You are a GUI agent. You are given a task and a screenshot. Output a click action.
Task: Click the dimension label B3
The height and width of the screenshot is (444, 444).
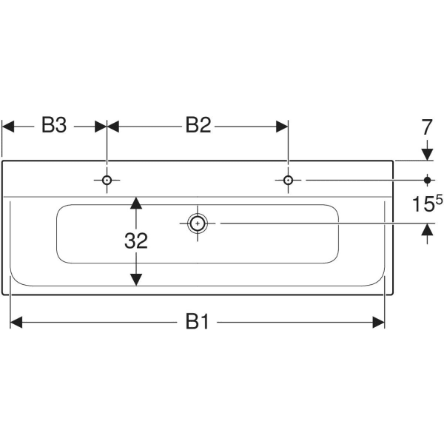(53, 126)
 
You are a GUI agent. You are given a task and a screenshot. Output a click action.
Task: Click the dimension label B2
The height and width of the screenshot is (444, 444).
(198, 126)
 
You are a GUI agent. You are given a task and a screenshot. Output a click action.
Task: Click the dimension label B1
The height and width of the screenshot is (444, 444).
(195, 322)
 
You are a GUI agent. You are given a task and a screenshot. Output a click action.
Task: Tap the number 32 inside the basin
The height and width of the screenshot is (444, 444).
(136, 240)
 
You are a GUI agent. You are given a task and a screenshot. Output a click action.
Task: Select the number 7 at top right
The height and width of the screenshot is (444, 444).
(426, 127)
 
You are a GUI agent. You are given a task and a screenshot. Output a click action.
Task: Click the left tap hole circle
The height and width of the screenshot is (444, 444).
(107, 180)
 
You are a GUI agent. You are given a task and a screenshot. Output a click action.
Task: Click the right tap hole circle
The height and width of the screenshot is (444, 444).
(288, 180)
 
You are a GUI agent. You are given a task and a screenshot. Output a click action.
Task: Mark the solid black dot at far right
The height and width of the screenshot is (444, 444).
(427, 180)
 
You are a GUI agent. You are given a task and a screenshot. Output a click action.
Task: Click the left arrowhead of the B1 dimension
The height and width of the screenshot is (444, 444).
(16, 322)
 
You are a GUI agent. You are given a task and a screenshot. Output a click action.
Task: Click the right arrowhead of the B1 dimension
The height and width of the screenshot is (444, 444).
(379, 322)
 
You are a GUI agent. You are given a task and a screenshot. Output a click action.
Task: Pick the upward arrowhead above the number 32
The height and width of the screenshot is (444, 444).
(136, 203)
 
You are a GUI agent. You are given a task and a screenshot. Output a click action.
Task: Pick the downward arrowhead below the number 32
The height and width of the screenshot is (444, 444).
(136, 279)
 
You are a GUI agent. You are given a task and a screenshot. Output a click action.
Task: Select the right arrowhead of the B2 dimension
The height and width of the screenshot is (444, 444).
(282, 127)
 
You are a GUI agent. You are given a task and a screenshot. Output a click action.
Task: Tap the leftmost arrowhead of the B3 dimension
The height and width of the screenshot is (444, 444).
(9, 127)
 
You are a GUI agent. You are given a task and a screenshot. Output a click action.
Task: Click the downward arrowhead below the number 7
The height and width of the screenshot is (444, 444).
(427, 153)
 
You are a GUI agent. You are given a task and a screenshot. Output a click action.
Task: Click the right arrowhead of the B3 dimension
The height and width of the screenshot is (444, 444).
(101, 127)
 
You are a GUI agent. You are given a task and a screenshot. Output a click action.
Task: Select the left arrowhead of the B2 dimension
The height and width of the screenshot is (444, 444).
(114, 127)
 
